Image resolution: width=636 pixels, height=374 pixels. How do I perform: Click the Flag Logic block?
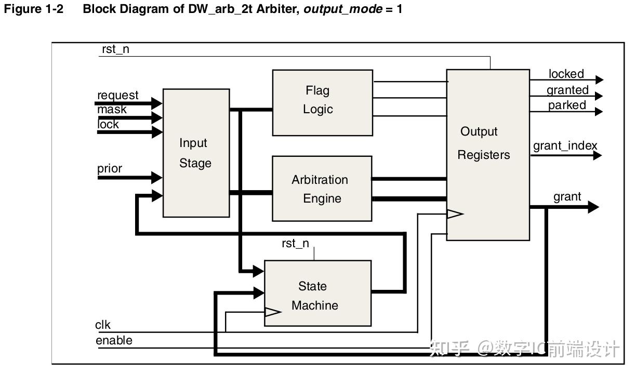point(322,102)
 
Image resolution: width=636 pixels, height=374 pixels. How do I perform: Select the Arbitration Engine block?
point(322,189)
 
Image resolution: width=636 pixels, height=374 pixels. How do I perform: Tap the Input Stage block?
point(196,153)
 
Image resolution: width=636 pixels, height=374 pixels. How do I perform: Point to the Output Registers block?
point(487,155)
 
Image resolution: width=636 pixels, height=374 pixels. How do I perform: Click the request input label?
point(118,95)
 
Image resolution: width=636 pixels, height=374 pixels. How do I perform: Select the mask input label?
point(112,109)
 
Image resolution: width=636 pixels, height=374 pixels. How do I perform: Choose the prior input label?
point(110,168)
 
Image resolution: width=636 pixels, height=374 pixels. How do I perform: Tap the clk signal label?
point(103,325)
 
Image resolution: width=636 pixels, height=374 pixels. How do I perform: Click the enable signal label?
point(114,340)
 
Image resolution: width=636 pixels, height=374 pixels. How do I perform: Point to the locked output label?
point(566,74)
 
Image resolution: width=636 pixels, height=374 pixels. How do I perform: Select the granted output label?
point(567,90)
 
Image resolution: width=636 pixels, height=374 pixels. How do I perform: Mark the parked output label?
point(567,105)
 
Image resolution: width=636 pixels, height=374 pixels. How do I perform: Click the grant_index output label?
point(565,145)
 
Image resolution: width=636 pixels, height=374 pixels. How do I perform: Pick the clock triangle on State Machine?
point(272,312)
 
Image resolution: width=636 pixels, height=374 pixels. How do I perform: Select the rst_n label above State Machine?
point(295,243)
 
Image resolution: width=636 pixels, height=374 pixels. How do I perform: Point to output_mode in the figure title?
point(343,9)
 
